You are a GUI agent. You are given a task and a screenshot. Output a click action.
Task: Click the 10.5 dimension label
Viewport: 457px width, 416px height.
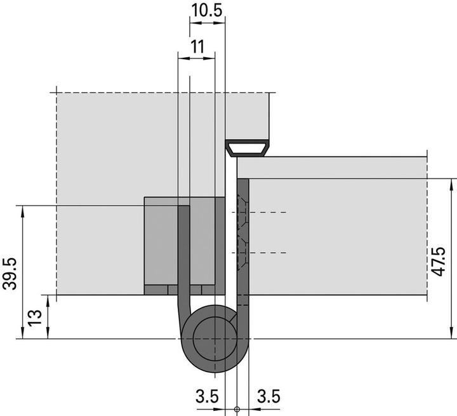pos(207,11)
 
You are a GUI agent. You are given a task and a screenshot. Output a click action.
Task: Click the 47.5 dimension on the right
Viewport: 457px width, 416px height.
pos(438,261)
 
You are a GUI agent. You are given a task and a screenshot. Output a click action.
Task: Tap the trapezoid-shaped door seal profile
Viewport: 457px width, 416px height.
pos(248,149)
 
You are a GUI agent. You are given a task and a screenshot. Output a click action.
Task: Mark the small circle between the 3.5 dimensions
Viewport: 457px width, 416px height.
pos(237,410)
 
